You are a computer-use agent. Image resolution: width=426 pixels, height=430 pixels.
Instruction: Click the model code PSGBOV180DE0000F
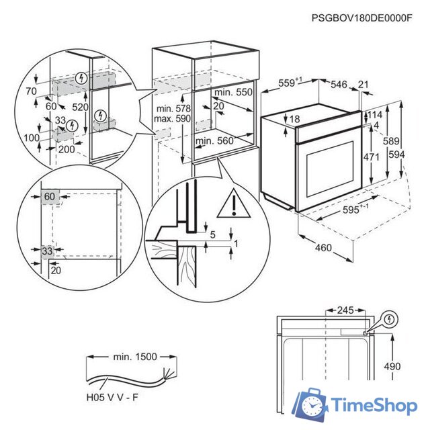[361, 18]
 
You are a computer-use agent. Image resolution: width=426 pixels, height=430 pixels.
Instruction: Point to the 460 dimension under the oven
[323, 248]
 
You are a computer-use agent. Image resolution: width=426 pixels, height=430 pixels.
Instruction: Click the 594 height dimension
[411, 155]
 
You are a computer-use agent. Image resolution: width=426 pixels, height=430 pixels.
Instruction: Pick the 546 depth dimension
[339, 84]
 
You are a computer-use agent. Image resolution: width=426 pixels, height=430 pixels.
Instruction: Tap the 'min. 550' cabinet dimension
[233, 92]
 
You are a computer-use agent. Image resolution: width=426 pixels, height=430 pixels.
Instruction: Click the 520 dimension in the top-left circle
[81, 107]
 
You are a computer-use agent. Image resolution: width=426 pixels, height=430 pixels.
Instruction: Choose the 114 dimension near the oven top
[374, 115]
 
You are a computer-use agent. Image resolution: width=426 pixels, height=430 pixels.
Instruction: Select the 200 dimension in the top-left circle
[66, 149]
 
